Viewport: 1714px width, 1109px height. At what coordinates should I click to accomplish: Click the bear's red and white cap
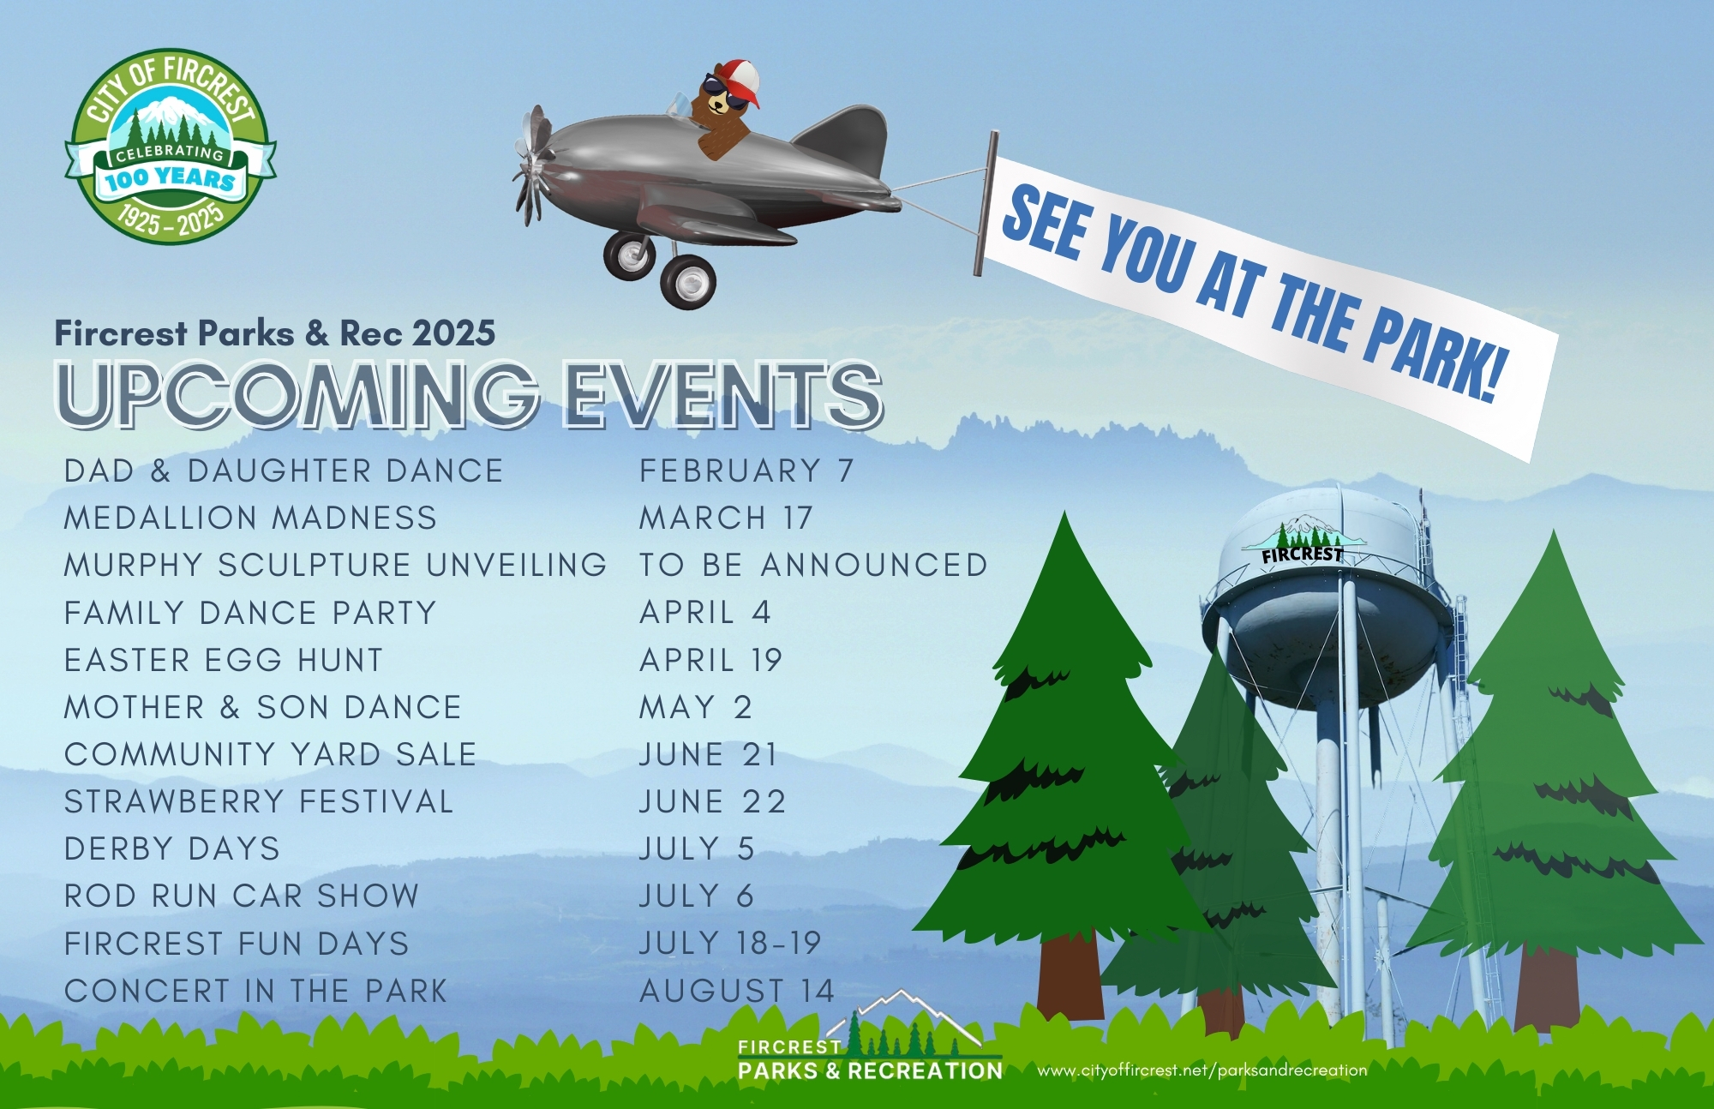pyautogui.click(x=737, y=82)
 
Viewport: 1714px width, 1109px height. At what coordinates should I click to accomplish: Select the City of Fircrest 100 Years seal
pyautogui.click(x=171, y=146)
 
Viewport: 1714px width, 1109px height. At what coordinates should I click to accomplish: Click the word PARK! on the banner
pyautogui.click(x=1433, y=354)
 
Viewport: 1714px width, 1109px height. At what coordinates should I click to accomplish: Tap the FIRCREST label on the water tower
pyautogui.click(x=1302, y=554)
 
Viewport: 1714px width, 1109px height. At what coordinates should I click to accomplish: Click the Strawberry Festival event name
pyautogui.click(x=259, y=801)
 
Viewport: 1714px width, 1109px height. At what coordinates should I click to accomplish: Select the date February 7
pyautogui.click(x=746, y=471)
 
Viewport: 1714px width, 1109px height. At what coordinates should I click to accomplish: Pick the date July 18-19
pyautogui.click(x=730, y=943)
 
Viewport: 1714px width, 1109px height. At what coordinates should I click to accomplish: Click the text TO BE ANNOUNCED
pyautogui.click(x=813, y=565)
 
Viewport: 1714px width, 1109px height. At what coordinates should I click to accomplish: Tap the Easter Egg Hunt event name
pyautogui.click(x=224, y=660)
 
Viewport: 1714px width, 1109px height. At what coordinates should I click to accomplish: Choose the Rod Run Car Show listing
pyautogui.click(x=242, y=896)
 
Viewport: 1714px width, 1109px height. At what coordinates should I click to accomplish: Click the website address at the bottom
pyautogui.click(x=1202, y=1070)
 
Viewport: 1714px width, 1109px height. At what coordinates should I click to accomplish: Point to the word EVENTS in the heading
pyautogui.click(x=722, y=394)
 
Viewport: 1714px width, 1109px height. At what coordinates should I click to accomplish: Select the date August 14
pyautogui.click(x=737, y=991)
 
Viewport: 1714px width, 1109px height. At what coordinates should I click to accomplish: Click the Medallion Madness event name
pyautogui.click(x=250, y=518)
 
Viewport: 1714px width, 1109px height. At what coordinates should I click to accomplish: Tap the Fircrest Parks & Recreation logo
pyautogui.click(x=869, y=1036)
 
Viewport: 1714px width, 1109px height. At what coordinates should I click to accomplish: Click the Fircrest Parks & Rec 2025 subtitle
pyautogui.click(x=275, y=333)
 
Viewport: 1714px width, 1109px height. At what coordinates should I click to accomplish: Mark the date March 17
pyautogui.click(x=726, y=518)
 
